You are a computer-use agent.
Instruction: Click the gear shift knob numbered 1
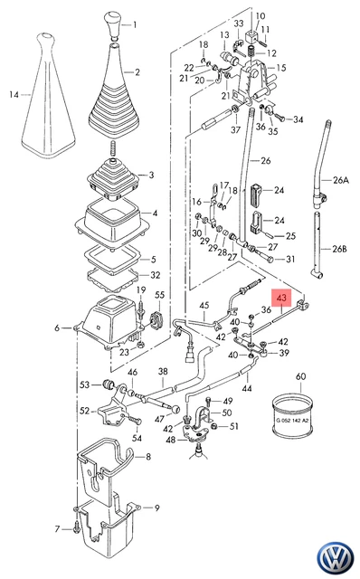tap(112, 24)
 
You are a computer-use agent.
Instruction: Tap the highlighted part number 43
tap(281, 298)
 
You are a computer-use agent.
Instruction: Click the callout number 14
tap(14, 95)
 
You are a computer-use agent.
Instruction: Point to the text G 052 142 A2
tap(292, 420)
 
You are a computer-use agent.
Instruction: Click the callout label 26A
tap(340, 180)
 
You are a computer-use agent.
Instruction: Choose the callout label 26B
tap(339, 249)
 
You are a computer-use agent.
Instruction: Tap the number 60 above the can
tap(301, 376)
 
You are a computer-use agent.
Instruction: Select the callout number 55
tap(159, 295)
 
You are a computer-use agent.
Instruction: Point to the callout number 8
tap(148, 457)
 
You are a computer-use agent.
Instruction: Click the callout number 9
tap(156, 508)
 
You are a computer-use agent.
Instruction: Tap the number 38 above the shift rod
tap(163, 371)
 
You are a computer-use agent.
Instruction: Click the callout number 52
tap(84, 411)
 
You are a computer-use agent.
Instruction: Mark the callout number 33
tap(239, 24)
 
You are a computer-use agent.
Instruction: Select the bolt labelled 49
tap(210, 401)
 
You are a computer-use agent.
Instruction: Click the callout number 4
tap(155, 214)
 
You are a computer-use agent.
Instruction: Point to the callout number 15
tap(281, 68)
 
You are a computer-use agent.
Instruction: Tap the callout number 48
tap(171, 440)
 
